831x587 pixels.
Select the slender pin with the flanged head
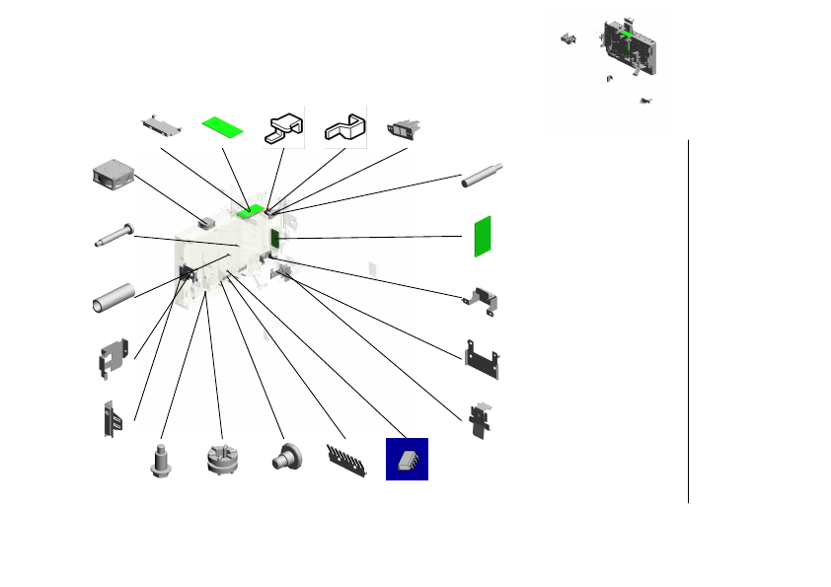coord(117,237)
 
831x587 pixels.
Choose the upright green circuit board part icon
coord(482,235)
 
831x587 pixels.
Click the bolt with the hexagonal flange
coord(160,462)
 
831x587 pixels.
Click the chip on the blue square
coord(407,460)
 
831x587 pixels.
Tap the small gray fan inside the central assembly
coord(206,223)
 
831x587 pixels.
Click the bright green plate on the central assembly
coord(252,209)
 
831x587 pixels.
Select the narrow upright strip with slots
coord(110,419)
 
